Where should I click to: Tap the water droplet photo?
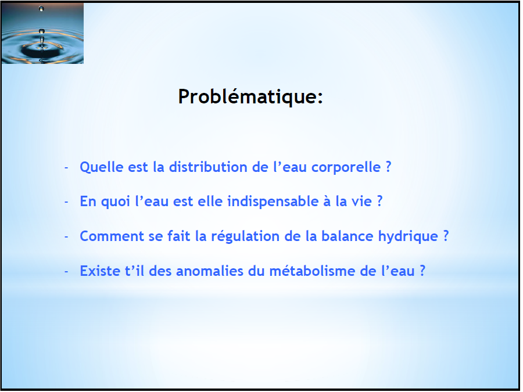coord(42,33)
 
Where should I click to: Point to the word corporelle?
coord(346,168)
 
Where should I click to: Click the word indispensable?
coord(273,202)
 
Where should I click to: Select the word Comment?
coord(112,236)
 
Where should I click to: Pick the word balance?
coord(348,236)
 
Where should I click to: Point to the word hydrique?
coord(408,236)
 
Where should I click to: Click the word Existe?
coord(100,271)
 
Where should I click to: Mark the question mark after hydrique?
coord(446,236)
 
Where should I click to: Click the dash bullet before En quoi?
coord(66,202)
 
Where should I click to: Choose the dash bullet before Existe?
coord(66,271)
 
